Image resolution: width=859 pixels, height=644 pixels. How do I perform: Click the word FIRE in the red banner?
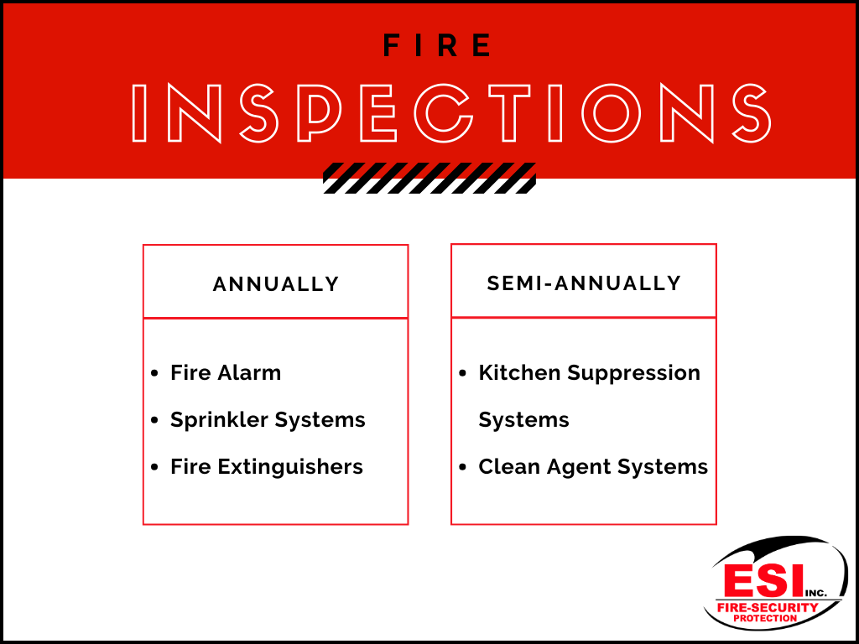pos(437,45)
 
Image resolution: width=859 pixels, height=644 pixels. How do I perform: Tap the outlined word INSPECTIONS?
pos(452,114)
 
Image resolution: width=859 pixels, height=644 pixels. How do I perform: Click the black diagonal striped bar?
pos(429,178)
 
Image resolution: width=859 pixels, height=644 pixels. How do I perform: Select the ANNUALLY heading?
pos(276,284)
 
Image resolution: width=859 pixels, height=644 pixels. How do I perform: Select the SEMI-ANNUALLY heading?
pos(584,283)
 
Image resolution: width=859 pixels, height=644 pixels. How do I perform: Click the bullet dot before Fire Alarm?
pos(154,373)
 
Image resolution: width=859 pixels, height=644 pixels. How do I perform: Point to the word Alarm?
pos(249,373)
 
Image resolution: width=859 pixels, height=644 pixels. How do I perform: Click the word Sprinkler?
pos(219,420)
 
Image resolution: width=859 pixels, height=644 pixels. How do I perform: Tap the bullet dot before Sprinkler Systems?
pos(154,421)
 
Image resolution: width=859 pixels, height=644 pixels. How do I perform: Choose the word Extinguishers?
pos(290,467)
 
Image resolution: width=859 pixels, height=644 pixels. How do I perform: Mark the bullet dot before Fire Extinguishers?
pos(154,468)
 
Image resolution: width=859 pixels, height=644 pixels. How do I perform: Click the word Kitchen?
pos(519,373)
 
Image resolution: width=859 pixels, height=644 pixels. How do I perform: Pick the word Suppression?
pos(634,373)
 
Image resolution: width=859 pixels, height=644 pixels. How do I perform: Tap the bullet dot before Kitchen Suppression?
pos(463,373)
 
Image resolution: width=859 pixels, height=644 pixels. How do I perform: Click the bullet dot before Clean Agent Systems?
pos(463,468)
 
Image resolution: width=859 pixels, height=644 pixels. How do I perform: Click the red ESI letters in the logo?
pos(763,582)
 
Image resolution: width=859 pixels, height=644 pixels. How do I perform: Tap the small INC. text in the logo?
pos(815,594)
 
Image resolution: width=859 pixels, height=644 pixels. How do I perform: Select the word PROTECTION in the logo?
pos(765,618)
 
